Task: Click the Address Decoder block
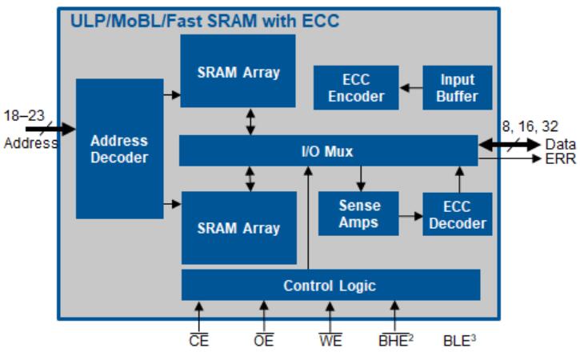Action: point(119,149)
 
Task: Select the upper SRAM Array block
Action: point(238,72)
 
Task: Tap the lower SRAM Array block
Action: point(238,228)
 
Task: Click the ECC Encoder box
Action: point(356,88)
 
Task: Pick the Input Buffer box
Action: point(458,88)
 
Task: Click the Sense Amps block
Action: point(358,214)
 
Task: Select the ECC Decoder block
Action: point(458,214)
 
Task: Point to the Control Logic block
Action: point(330,285)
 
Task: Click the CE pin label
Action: point(198,341)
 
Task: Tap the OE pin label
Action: point(264,341)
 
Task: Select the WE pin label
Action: point(330,341)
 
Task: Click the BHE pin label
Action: point(394,341)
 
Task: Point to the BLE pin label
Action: point(459,341)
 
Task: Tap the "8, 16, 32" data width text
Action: point(530,126)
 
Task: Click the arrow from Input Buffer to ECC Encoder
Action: point(410,88)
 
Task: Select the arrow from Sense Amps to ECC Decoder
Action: point(410,215)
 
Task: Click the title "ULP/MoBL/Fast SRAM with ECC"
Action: point(203,22)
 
